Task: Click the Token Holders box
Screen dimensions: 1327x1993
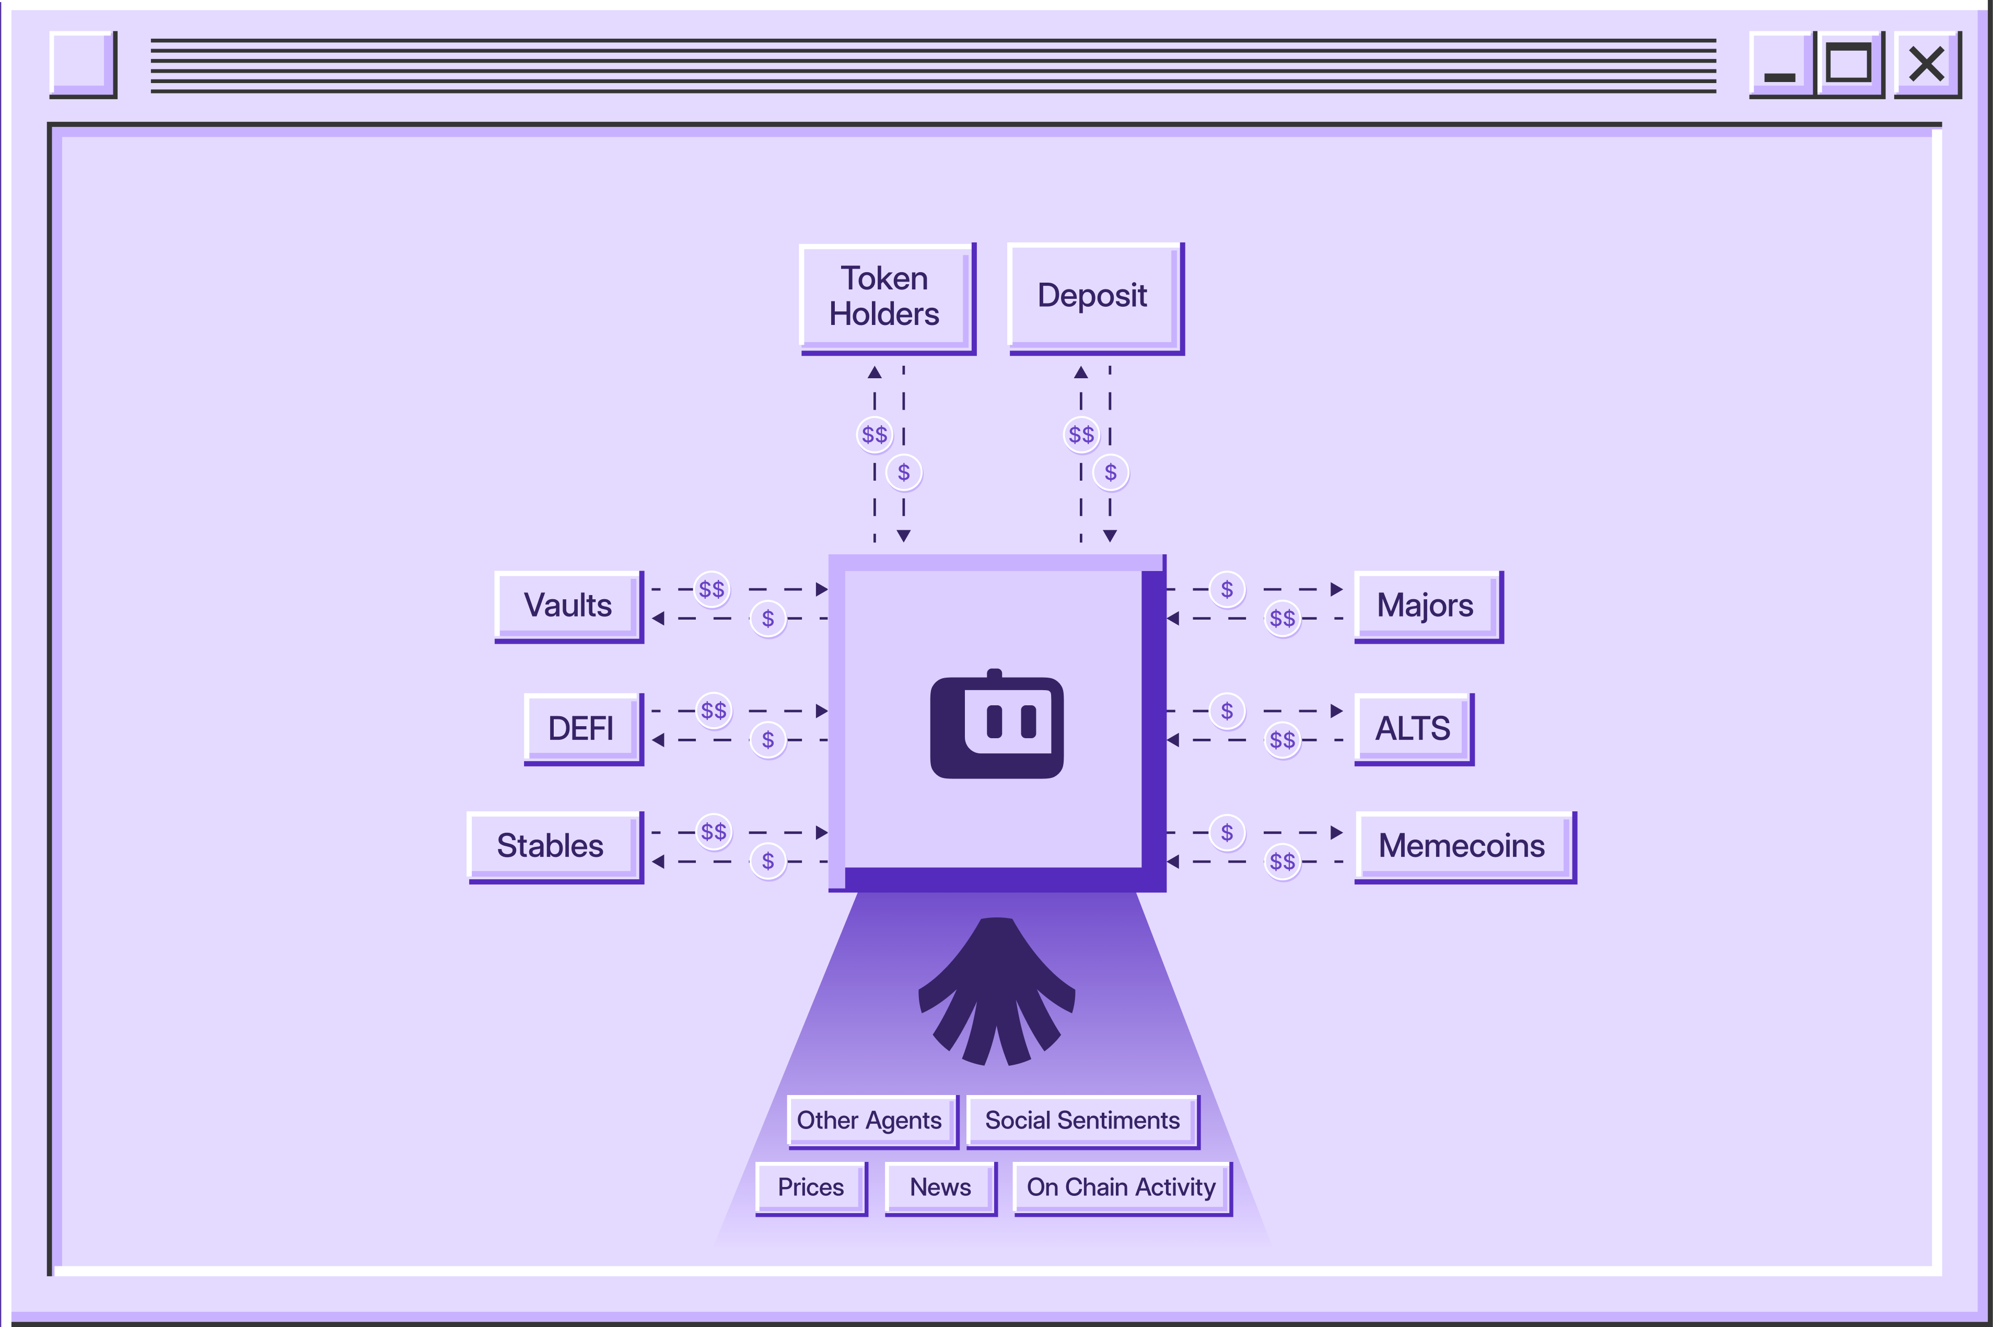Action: tap(886, 297)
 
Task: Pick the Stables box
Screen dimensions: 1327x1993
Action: tap(552, 846)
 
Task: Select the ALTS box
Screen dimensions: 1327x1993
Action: tap(1413, 728)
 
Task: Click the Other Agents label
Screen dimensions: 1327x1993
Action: tap(870, 1121)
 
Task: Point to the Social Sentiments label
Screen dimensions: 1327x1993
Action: tap(1081, 1121)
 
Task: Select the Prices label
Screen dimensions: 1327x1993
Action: tap(811, 1188)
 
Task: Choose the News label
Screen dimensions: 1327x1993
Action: tap(940, 1188)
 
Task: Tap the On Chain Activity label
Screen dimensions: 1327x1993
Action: tap(1121, 1188)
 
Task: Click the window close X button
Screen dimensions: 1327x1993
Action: tap(1926, 64)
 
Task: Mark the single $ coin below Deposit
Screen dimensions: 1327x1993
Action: tap(1110, 472)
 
